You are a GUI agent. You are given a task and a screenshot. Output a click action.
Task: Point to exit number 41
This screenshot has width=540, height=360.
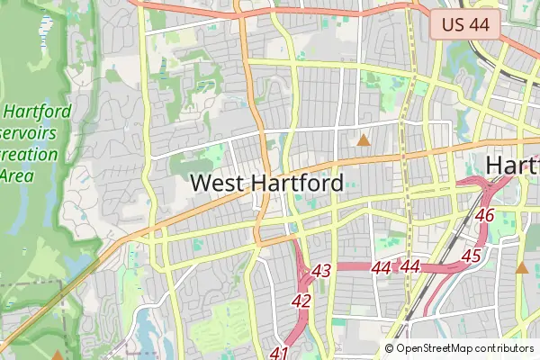pyautogui.click(x=279, y=353)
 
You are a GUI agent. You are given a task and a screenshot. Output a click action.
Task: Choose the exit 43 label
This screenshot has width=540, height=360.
pyautogui.click(x=322, y=270)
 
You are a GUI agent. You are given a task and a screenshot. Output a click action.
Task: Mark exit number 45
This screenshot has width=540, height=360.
pyautogui.click(x=471, y=256)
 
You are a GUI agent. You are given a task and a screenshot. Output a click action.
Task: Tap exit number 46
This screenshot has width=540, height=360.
pyautogui.click(x=485, y=216)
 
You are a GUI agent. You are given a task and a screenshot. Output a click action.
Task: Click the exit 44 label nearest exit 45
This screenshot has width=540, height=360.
pyautogui.click(x=411, y=266)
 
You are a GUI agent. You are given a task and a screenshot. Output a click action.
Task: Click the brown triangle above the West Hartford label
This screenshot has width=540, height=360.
pyautogui.click(x=364, y=140)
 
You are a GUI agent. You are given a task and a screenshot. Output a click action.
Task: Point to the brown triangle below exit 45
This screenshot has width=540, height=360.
pyautogui.click(x=522, y=266)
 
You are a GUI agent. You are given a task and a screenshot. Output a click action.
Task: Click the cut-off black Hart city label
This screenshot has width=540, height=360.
pyautogui.click(x=512, y=166)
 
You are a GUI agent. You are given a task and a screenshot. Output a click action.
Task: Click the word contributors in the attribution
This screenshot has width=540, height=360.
pyautogui.click(x=503, y=348)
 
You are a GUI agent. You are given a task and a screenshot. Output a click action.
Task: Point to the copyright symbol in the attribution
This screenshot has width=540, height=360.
pyautogui.click(x=390, y=348)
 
